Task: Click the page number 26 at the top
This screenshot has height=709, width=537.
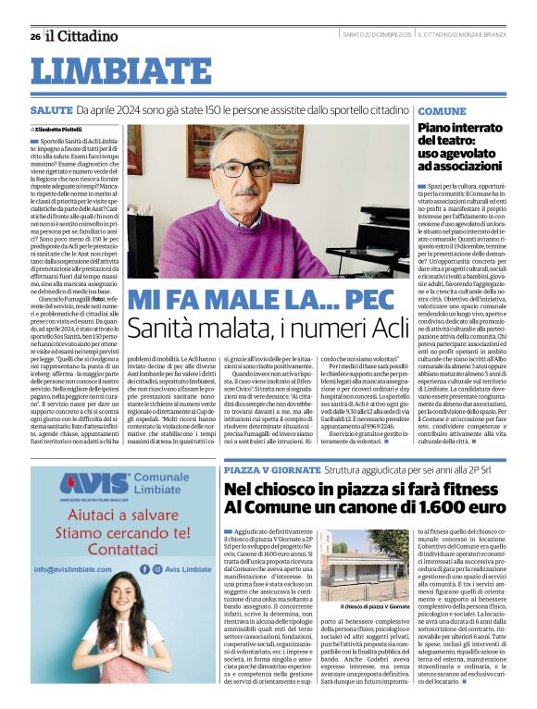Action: pos(34,36)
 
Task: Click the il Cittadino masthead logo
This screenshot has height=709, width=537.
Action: pos(82,36)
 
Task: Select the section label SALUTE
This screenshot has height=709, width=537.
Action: pos(51,110)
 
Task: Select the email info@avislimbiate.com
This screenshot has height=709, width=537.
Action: pos(80,569)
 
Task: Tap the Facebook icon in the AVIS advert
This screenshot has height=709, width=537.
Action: pos(145,569)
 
